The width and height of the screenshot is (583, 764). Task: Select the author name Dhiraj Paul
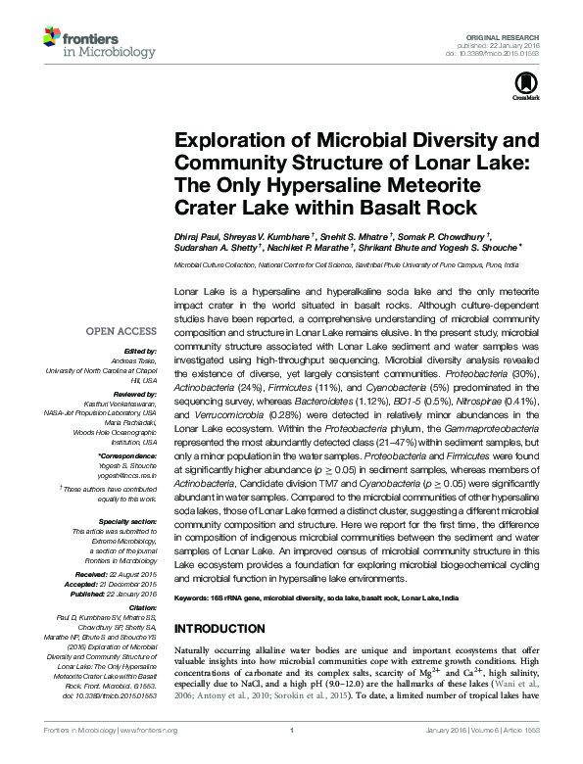(199, 236)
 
